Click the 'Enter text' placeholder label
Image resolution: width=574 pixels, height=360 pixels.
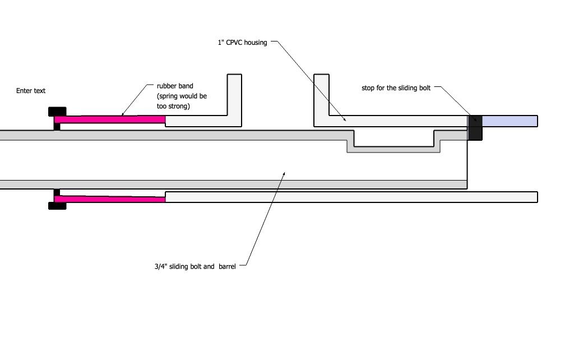coord(31,91)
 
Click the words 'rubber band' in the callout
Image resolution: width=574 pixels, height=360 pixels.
coord(175,86)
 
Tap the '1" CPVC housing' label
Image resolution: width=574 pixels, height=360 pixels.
coord(243,42)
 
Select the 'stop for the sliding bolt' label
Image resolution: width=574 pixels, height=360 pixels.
coord(396,88)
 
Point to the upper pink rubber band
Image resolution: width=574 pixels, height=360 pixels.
coord(110,119)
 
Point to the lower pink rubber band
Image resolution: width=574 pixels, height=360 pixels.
coord(110,199)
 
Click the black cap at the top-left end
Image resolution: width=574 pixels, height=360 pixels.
coord(57,110)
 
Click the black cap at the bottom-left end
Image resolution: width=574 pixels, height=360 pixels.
coord(57,206)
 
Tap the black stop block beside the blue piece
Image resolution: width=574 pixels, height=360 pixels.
coord(475,127)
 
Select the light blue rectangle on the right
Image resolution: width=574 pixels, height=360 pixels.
coord(510,121)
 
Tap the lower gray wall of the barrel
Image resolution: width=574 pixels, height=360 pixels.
coord(224,184)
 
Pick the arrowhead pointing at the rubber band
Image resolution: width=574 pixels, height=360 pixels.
coord(122,116)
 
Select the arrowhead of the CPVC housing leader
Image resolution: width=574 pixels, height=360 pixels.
coord(344,119)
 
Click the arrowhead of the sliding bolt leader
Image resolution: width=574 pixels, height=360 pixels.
coord(284,173)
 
